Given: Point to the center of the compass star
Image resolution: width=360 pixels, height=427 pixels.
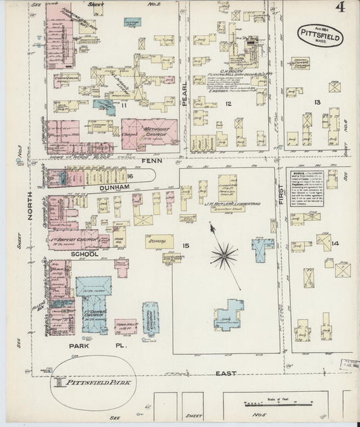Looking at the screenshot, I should [x=223, y=256].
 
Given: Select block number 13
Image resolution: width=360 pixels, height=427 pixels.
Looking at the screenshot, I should [x=316, y=102].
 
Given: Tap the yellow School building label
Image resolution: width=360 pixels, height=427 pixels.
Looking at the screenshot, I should [x=157, y=239].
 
